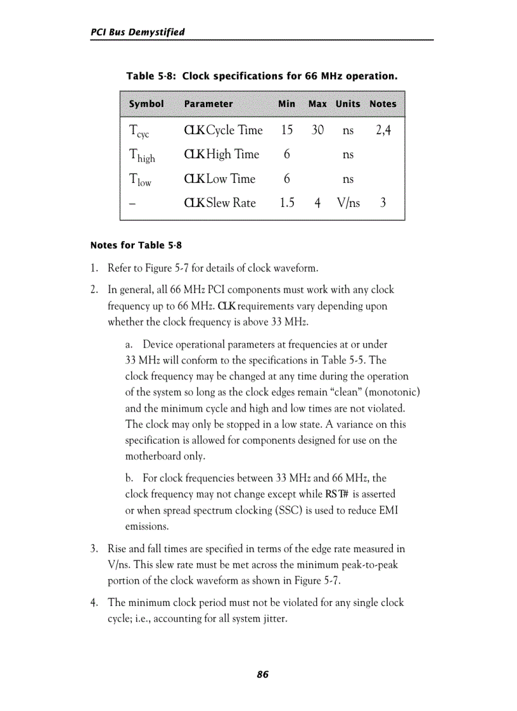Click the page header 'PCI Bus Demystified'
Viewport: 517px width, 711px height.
click(137, 32)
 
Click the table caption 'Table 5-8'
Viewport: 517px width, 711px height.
click(150, 76)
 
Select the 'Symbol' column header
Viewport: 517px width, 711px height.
click(146, 104)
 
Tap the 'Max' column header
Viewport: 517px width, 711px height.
click(317, 104)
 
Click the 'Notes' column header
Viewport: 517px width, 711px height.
click(383, 104)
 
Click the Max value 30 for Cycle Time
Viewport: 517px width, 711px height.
click(317, 130)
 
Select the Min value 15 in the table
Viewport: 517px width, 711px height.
click(287, 130)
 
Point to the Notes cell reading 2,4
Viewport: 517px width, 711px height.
click(383, 130)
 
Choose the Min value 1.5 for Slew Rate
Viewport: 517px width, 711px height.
click(287, 203)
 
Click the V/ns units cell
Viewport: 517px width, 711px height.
click(348, 203)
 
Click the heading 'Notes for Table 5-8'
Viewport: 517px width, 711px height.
click(136, 245)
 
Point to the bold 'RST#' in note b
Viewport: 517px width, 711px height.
click(337, 494)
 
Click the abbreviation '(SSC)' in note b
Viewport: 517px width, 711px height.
click(309, 510)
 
